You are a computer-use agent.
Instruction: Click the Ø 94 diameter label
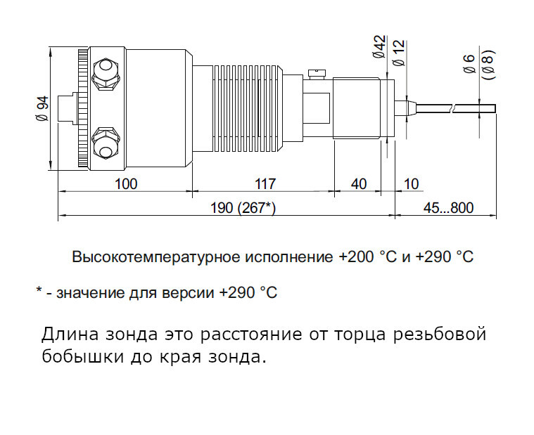point(43,108)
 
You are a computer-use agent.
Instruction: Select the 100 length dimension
point(126,184)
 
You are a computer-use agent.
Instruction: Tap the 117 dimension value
point(265,184)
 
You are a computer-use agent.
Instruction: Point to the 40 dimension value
point(359,184)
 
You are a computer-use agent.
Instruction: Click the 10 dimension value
point(411,184)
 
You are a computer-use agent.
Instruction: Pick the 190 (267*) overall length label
point(243,208)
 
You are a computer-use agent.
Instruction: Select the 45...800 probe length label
point(448,208)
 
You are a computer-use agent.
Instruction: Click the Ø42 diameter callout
point(380,46)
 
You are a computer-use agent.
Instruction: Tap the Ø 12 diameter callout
point(399,53)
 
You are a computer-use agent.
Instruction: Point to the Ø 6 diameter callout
point(469,64)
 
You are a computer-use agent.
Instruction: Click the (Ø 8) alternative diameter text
point(489,65)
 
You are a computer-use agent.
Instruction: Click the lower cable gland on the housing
point(106,143)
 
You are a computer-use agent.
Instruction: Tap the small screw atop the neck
point(317,74)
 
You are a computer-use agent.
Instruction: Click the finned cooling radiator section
point(248,108)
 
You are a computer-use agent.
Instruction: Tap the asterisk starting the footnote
point(39,290)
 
